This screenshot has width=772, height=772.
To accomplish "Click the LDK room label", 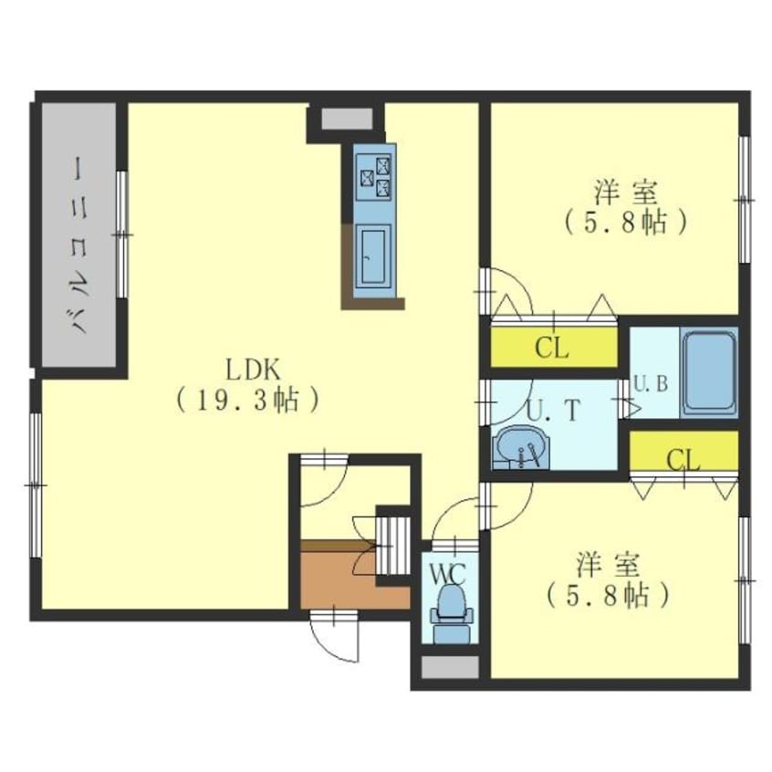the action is coord(253,370).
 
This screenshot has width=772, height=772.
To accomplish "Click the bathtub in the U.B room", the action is coord(708,373).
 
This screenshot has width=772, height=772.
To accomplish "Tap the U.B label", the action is coord(651,384).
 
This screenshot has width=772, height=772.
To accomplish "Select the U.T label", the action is coord(555,411).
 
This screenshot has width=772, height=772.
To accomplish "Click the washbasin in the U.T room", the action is coord(520,446).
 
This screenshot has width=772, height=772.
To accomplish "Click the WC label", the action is coord(447,574).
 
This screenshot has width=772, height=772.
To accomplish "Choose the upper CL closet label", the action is coord(552,349).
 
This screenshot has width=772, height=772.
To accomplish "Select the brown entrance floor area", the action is coord(354,581).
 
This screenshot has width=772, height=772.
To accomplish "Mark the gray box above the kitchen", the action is coord(347,119).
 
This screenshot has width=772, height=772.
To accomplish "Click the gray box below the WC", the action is coord(450,667).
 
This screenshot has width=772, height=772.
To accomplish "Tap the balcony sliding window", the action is coord(122,235).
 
